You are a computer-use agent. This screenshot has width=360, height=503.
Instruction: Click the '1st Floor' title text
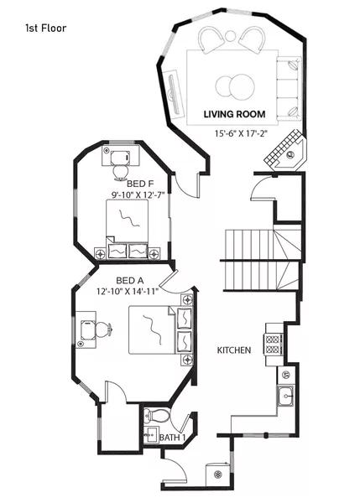pyautogui.click(x=45, y=28)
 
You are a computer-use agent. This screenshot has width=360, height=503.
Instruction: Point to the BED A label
pyautogui.click(x=128, y=280)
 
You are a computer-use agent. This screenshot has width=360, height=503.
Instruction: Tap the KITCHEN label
pyautogui.click(x=234, y=350)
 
